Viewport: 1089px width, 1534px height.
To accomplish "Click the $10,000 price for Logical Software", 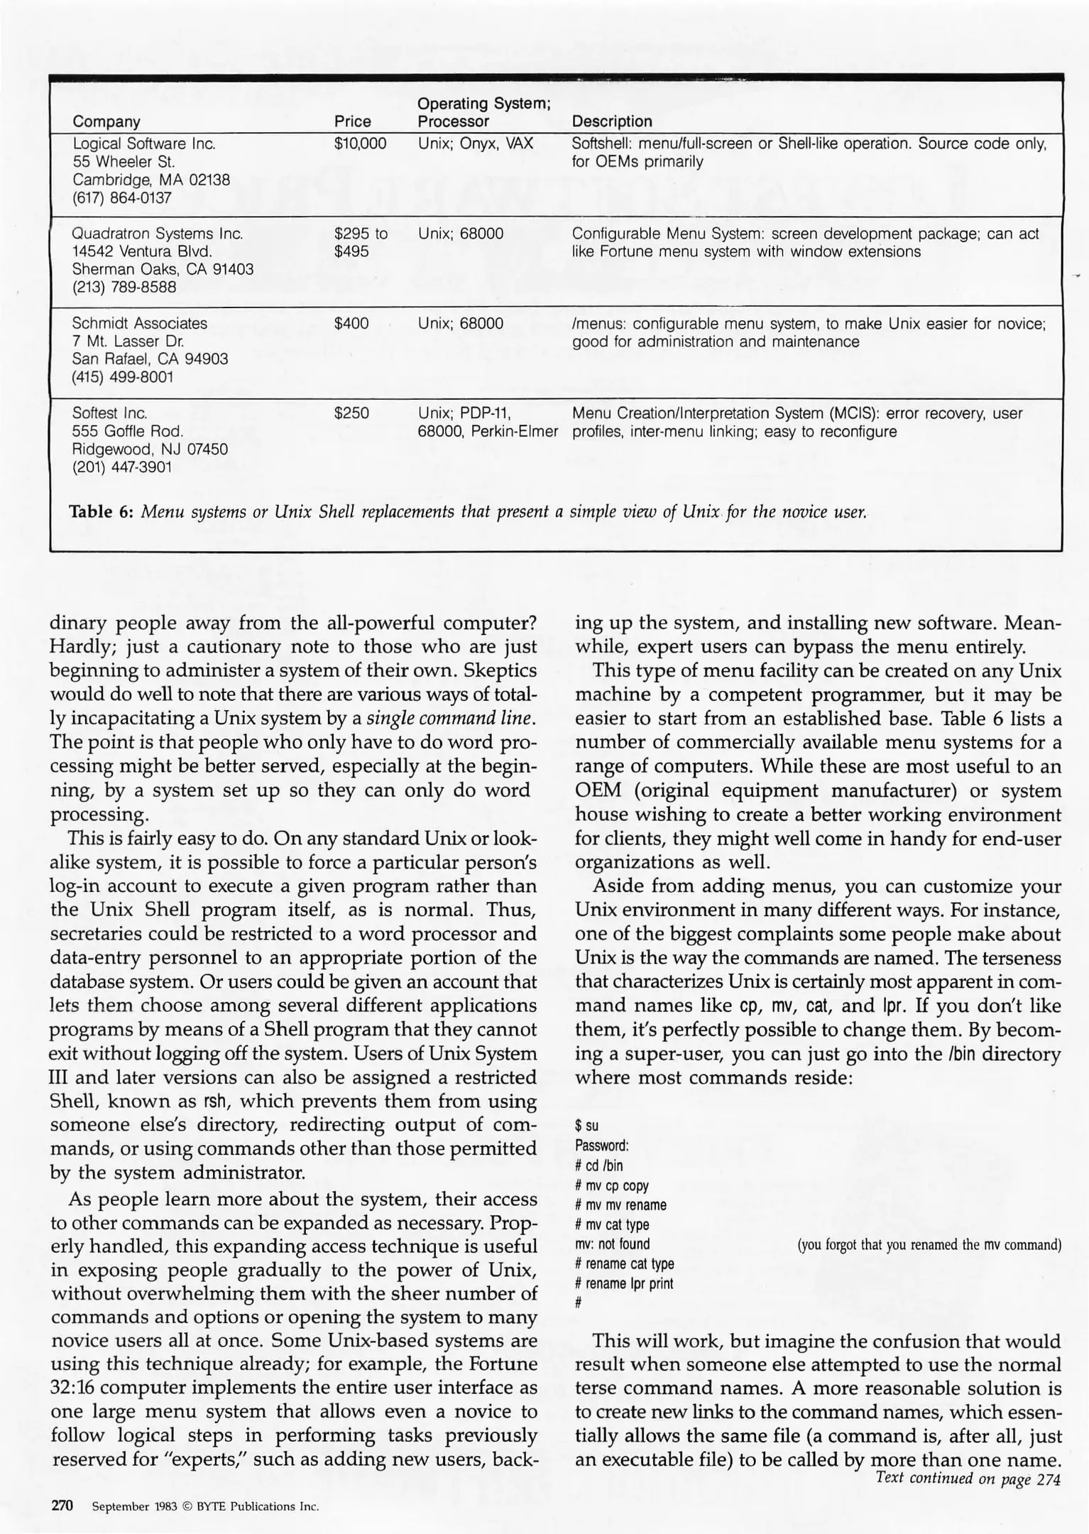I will coord(360,143).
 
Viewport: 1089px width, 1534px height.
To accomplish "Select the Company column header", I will coord(106,121).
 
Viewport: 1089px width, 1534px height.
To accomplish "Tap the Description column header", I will coord(611,121).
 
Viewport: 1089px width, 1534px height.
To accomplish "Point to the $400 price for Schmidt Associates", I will coord(351,324).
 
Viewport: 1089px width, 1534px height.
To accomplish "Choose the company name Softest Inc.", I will coord(109,413).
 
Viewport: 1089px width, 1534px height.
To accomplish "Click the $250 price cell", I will coord(351,413).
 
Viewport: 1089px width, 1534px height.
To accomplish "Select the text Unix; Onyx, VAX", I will coord(475,143).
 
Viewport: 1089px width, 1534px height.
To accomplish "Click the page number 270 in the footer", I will coord(62,1506).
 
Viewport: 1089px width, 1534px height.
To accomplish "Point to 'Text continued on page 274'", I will coord(968,1479).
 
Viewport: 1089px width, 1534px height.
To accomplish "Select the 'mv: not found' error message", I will coord(612,1244).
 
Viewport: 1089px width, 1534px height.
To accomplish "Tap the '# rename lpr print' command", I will coord(624,1283).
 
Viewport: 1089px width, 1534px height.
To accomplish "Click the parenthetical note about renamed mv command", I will coord(929,1244).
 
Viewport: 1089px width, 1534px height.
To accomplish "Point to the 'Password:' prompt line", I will coord(602,1146).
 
